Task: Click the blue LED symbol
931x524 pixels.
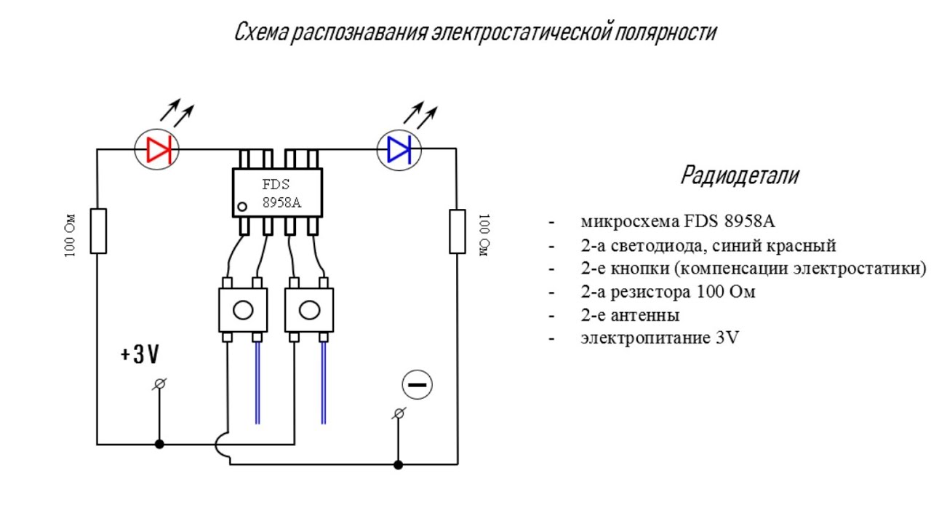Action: pyautogui.click(x=399, y=149)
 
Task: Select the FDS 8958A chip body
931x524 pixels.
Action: pyautogui.click(x=277, y=192)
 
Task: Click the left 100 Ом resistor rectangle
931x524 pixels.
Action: pyautogui.click(x=98, y=231)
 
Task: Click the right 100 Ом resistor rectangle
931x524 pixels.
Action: pyautogui.click(x=457, y=231)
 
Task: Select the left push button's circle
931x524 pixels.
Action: pyautogui.click(x=243, y=310)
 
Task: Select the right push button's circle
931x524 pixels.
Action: pyautogui.click(x=309, y=310)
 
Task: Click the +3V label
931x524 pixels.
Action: pyautogui.click(x=140, y=354)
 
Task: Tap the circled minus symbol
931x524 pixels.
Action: pyautogui.click(x=417, y=385)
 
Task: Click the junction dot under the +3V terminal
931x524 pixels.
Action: pyautogui.click(x=159, y=444)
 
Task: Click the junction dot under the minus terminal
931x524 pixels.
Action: pyautogui.click(x=397, y=464)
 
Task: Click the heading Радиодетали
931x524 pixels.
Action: pyautogui.click(x=739, y=175)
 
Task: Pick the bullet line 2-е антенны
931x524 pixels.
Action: pyautogui.click(x=630, y=315)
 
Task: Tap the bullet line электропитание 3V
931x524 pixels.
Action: pyautogui.click(x=659, y=338)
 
